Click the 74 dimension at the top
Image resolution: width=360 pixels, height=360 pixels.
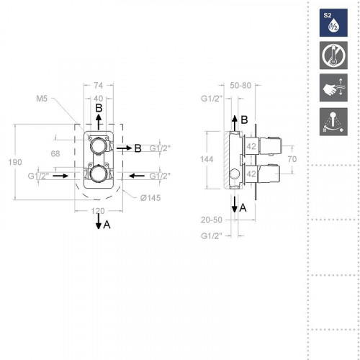99,85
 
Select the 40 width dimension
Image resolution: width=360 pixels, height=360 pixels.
99,98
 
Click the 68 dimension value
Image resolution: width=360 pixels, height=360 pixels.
55,153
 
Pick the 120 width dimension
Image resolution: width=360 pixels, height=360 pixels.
99,212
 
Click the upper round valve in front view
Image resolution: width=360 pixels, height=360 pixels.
99,147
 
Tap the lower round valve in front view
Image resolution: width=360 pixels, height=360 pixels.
99,174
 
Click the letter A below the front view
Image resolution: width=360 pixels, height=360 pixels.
107,225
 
